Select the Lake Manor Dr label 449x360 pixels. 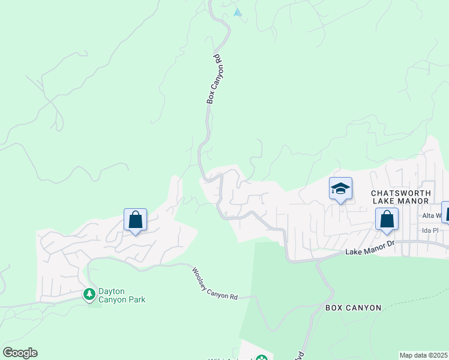(x=369, y=248)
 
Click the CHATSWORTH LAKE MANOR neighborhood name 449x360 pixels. (x=401, y=197)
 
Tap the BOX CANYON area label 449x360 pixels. (x=353, y=308)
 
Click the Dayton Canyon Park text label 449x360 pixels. (x=122, y=295)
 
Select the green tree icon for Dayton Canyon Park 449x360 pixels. (x=89, y=294)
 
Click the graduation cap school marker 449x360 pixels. (x=340, y=189)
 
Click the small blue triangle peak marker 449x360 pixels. (x=238, y=12)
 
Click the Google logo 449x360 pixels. (x=20, y=353)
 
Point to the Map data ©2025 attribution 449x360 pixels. (x=424, y=355)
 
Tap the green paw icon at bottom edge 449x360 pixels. (x=261, y=358)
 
